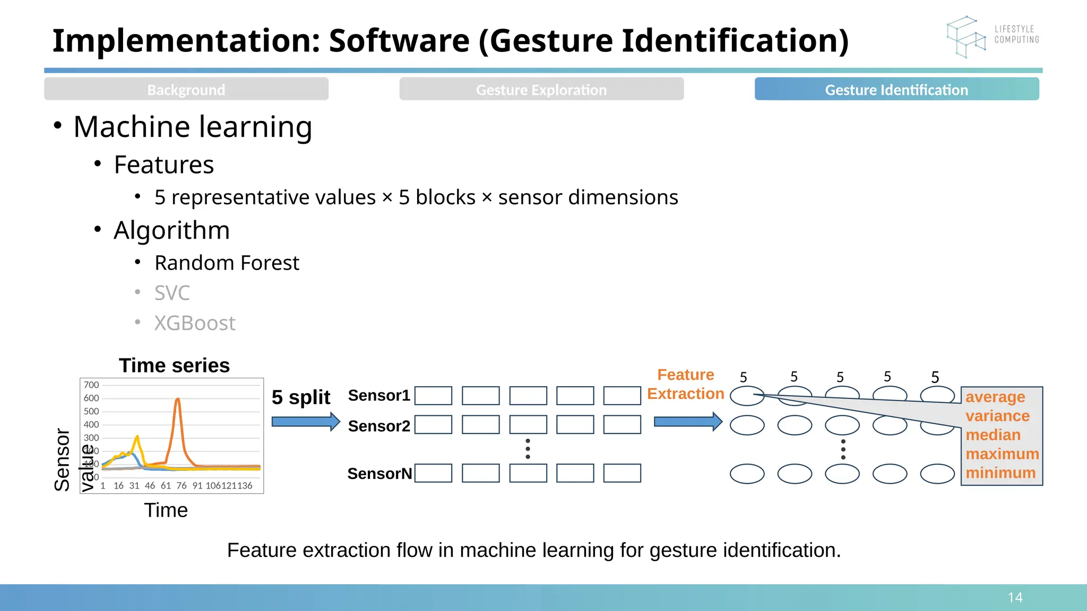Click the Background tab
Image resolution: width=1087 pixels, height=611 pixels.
pyautogui.click(x=186, y=89)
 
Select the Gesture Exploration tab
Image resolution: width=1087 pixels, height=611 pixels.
pyautogui.click(x=541, y=89)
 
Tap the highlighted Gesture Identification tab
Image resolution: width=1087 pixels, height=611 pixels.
pyautogui.click(x=896, y=89)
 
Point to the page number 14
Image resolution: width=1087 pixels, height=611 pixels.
pyautogui.click(x=1015, y=598)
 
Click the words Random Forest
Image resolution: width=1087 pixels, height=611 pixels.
pyautogui.click(x=227, y=263)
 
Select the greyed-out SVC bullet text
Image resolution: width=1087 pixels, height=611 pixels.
pyautogui.click(x=172, y=293)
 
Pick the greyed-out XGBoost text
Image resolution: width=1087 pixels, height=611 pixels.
pyautogui.click(x=194, y=324)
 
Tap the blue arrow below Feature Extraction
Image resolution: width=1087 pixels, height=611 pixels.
pyautogui.click(x=688, y=422)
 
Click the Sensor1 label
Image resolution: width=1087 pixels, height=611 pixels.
pyautogui.click(x=379, y=396)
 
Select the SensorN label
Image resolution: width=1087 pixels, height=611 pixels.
pyautogui.click(x=379, y=474)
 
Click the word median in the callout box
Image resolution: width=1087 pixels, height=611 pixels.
pyautogui.click(x=993, y=435)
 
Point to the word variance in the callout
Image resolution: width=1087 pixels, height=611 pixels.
pyautogui.click(x=997, y=416)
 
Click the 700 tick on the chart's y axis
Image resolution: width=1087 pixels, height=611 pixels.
pyautogui.click(x=91, y=385)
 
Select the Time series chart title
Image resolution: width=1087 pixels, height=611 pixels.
pyautogui.click(x=174, y=365)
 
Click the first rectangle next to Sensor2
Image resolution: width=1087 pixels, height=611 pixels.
pyautogui.click(x=433, y=425)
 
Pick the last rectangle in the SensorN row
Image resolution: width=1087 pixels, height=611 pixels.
pyautogui.click(x=622, y=473)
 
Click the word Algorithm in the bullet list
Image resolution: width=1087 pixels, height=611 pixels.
pyautogui.click(x=171, y=230)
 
